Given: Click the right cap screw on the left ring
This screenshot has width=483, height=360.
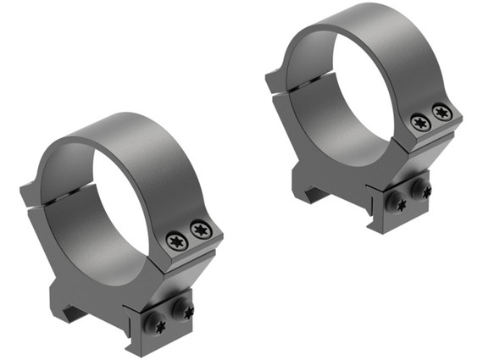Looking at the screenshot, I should (200, 229).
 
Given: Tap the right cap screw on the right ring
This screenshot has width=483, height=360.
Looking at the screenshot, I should (441, 111).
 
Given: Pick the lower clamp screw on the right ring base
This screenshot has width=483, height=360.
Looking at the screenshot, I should (396, 202).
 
